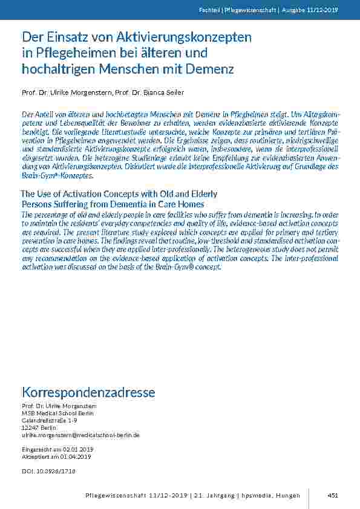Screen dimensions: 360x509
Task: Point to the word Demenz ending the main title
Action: point(211,68)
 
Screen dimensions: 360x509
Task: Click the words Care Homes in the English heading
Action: point(182,204)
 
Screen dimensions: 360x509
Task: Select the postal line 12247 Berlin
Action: point(39,427)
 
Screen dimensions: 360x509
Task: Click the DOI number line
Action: point(48,471)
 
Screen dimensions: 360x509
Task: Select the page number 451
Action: point(332,496)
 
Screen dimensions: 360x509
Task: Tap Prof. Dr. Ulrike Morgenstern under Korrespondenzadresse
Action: point(59,405)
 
